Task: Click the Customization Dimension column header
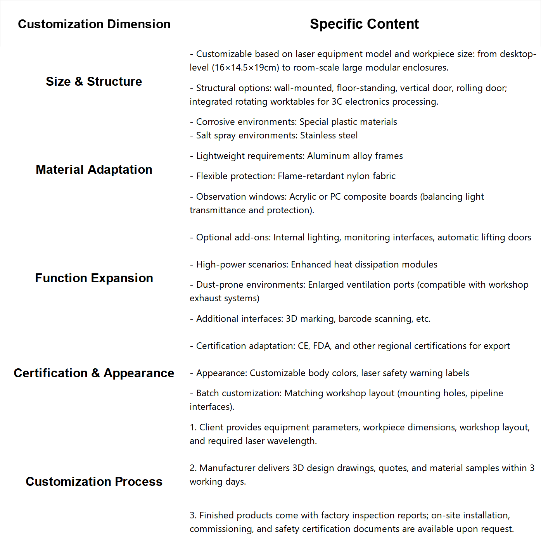coord(94,24)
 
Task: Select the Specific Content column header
coord(364,24)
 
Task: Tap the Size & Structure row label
coord(94,81)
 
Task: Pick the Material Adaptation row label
coord(94,169)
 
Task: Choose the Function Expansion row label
coord(94,278)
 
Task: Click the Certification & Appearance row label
coord(94,373)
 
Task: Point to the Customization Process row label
coord(94,482)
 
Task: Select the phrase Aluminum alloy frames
coord(355,156)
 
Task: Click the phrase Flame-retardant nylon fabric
coord(337,176)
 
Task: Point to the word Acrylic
coord(303,197)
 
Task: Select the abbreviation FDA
coord(321,346)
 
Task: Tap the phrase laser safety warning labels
coord(415,373)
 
